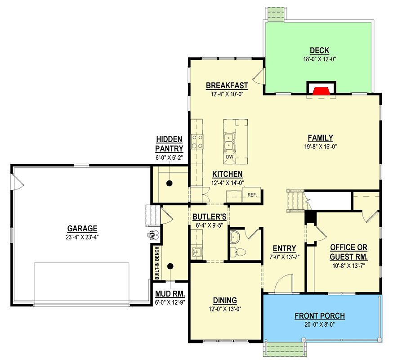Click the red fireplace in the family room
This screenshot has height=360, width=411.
click(x=322, y=90)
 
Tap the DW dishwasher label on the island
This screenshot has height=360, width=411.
click(x=229, y=157)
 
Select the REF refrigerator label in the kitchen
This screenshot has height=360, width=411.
click(x=252, y=195)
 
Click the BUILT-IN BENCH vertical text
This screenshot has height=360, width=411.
click(x=157, y=263)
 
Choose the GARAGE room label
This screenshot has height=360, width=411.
click(x=82, y=229)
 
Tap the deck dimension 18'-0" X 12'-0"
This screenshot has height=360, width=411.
click(x=320, y=59)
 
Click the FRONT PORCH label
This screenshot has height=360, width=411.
click(x=320, y=316)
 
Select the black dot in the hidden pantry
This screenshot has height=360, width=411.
click(x=170, y=183)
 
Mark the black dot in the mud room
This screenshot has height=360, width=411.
click(x=170, y=266)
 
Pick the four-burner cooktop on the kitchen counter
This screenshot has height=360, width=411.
click(x=197, y=141)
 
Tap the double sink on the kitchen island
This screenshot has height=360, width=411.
click(x=229, y=142)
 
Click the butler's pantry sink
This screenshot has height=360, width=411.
click(x=197, y=252)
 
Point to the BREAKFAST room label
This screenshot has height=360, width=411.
click(x=227, y=85)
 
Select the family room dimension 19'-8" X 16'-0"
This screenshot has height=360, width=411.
click(x=320, y=146)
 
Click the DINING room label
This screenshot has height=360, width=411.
click(x=225, y=301)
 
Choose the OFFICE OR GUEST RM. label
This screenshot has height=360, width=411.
click(x=348, y=252)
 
